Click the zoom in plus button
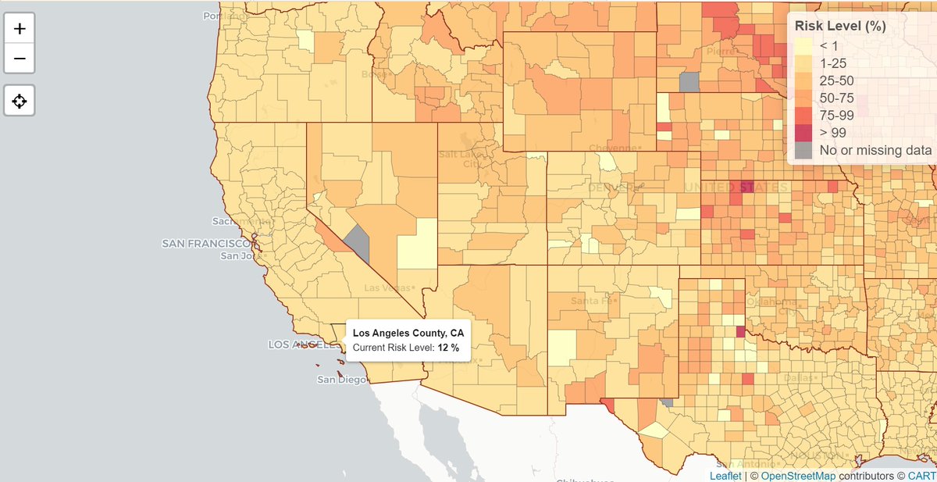(x=20, y=30)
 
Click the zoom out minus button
(x=20, y=59)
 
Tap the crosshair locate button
(x=20, y=101)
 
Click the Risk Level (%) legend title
(x=839, y=26)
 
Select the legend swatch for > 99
(x=803, y=132)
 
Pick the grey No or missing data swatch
(x=803, y=150)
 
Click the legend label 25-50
(x=835, y=80)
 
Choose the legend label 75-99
(x=836, y=115)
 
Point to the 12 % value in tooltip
(x=448, y=347)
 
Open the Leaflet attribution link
(x=725, y=475)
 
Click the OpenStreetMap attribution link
(x=795, y=475)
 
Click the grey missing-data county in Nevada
(x=358, y=243)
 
